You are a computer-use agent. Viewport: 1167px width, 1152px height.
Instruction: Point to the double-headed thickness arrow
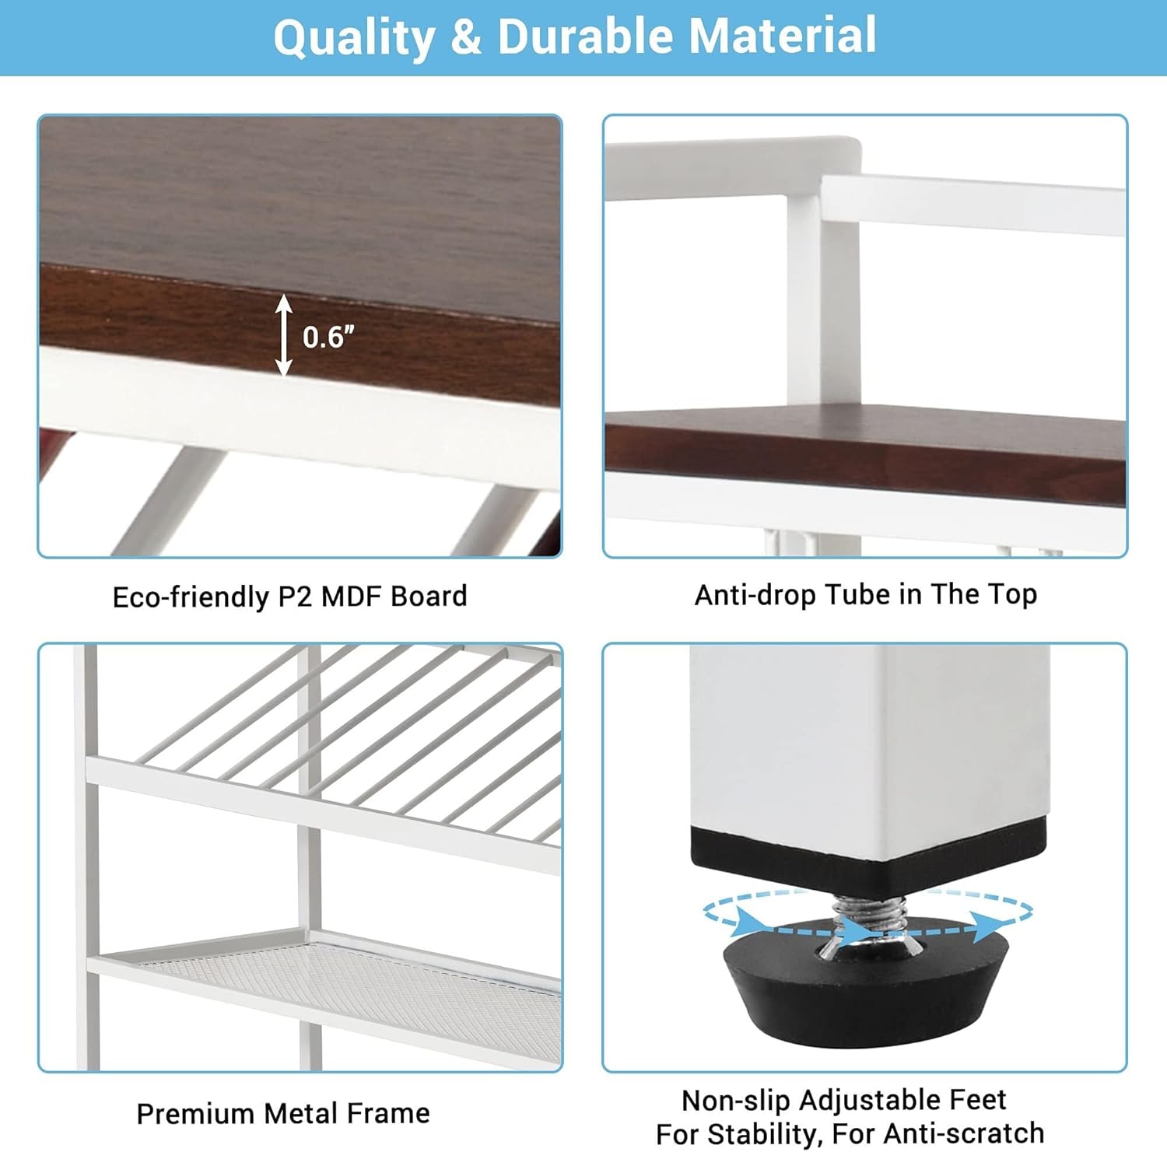[284, 335]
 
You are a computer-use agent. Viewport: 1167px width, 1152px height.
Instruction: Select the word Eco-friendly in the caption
[190, 597]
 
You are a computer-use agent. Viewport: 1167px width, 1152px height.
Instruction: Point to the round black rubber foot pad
[867, 988]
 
